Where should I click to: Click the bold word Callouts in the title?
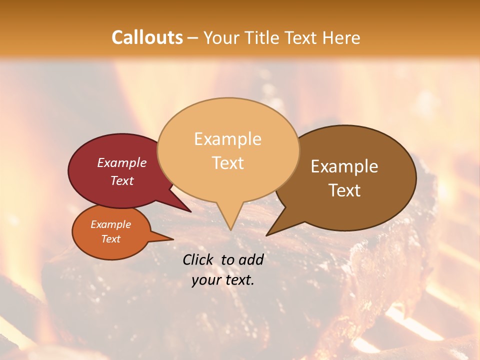[x=147, y=37]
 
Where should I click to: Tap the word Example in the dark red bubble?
[x=122, y=162]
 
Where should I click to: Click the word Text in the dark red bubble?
[x=122, y=180]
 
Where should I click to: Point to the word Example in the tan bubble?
[x=227, y=139]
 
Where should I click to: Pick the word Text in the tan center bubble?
[x=227, y=162]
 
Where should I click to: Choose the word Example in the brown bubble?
[x=344, y=166]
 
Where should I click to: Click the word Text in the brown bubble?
[x=344, y=190]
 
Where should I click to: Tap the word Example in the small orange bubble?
[x=110, y=224]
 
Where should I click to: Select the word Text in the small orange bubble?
[x=110, y=239]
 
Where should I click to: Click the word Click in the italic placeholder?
[x=199, y=259]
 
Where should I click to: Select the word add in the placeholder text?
[x=250, y=259]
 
